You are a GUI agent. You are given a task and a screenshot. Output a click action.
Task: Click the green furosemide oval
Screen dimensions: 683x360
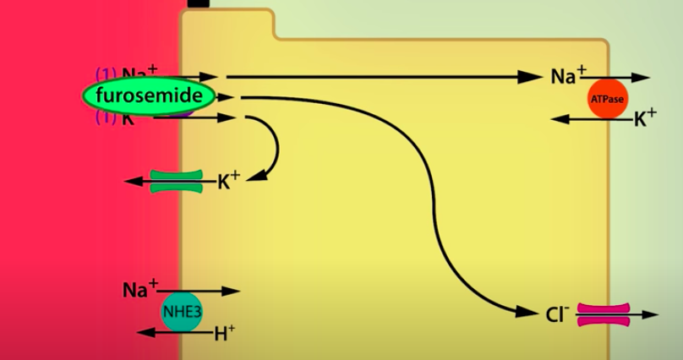[149, 96]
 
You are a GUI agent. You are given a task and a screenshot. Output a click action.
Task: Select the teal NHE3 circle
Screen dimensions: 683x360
[182, 312]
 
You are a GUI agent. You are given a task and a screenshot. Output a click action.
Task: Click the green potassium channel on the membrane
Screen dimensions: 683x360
[177, 181]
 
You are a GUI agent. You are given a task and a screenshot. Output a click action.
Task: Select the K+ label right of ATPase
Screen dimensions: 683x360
[645, 119]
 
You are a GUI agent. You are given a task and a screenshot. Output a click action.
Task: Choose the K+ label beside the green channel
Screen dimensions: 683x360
[228, 181]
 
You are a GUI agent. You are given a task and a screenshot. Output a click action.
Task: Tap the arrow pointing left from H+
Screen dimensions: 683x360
[152, 333]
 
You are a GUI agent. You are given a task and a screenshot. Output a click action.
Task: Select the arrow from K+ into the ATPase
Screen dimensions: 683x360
[592, 119]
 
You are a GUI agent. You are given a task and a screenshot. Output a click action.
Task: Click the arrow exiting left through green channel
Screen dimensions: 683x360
[135, 181]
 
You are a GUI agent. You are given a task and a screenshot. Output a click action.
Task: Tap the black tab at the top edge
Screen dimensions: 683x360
[199, 3]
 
